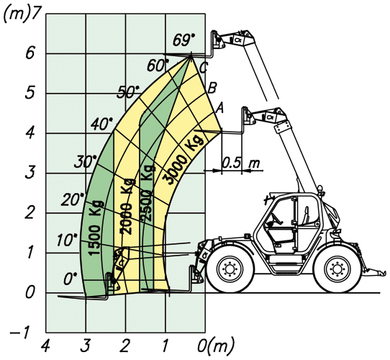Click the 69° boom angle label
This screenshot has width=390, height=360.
click(184, 40)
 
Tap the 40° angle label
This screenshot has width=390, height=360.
click(102, 124)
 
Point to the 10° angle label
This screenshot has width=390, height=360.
click(67, 240)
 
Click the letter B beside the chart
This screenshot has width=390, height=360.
click(212, 88)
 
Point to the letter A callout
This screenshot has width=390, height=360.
click(220, 108)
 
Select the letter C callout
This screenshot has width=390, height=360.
click(203, 68)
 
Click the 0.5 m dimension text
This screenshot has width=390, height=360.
click(241, 163)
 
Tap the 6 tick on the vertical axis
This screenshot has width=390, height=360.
click(30, 53)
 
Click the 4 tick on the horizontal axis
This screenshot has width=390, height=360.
click(45, 346)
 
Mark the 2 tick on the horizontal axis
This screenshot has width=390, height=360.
click(125, 346)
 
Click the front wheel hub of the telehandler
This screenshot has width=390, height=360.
click(230, 269)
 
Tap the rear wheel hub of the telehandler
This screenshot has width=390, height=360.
click(337, 269)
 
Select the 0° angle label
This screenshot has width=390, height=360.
click(71, 279)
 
